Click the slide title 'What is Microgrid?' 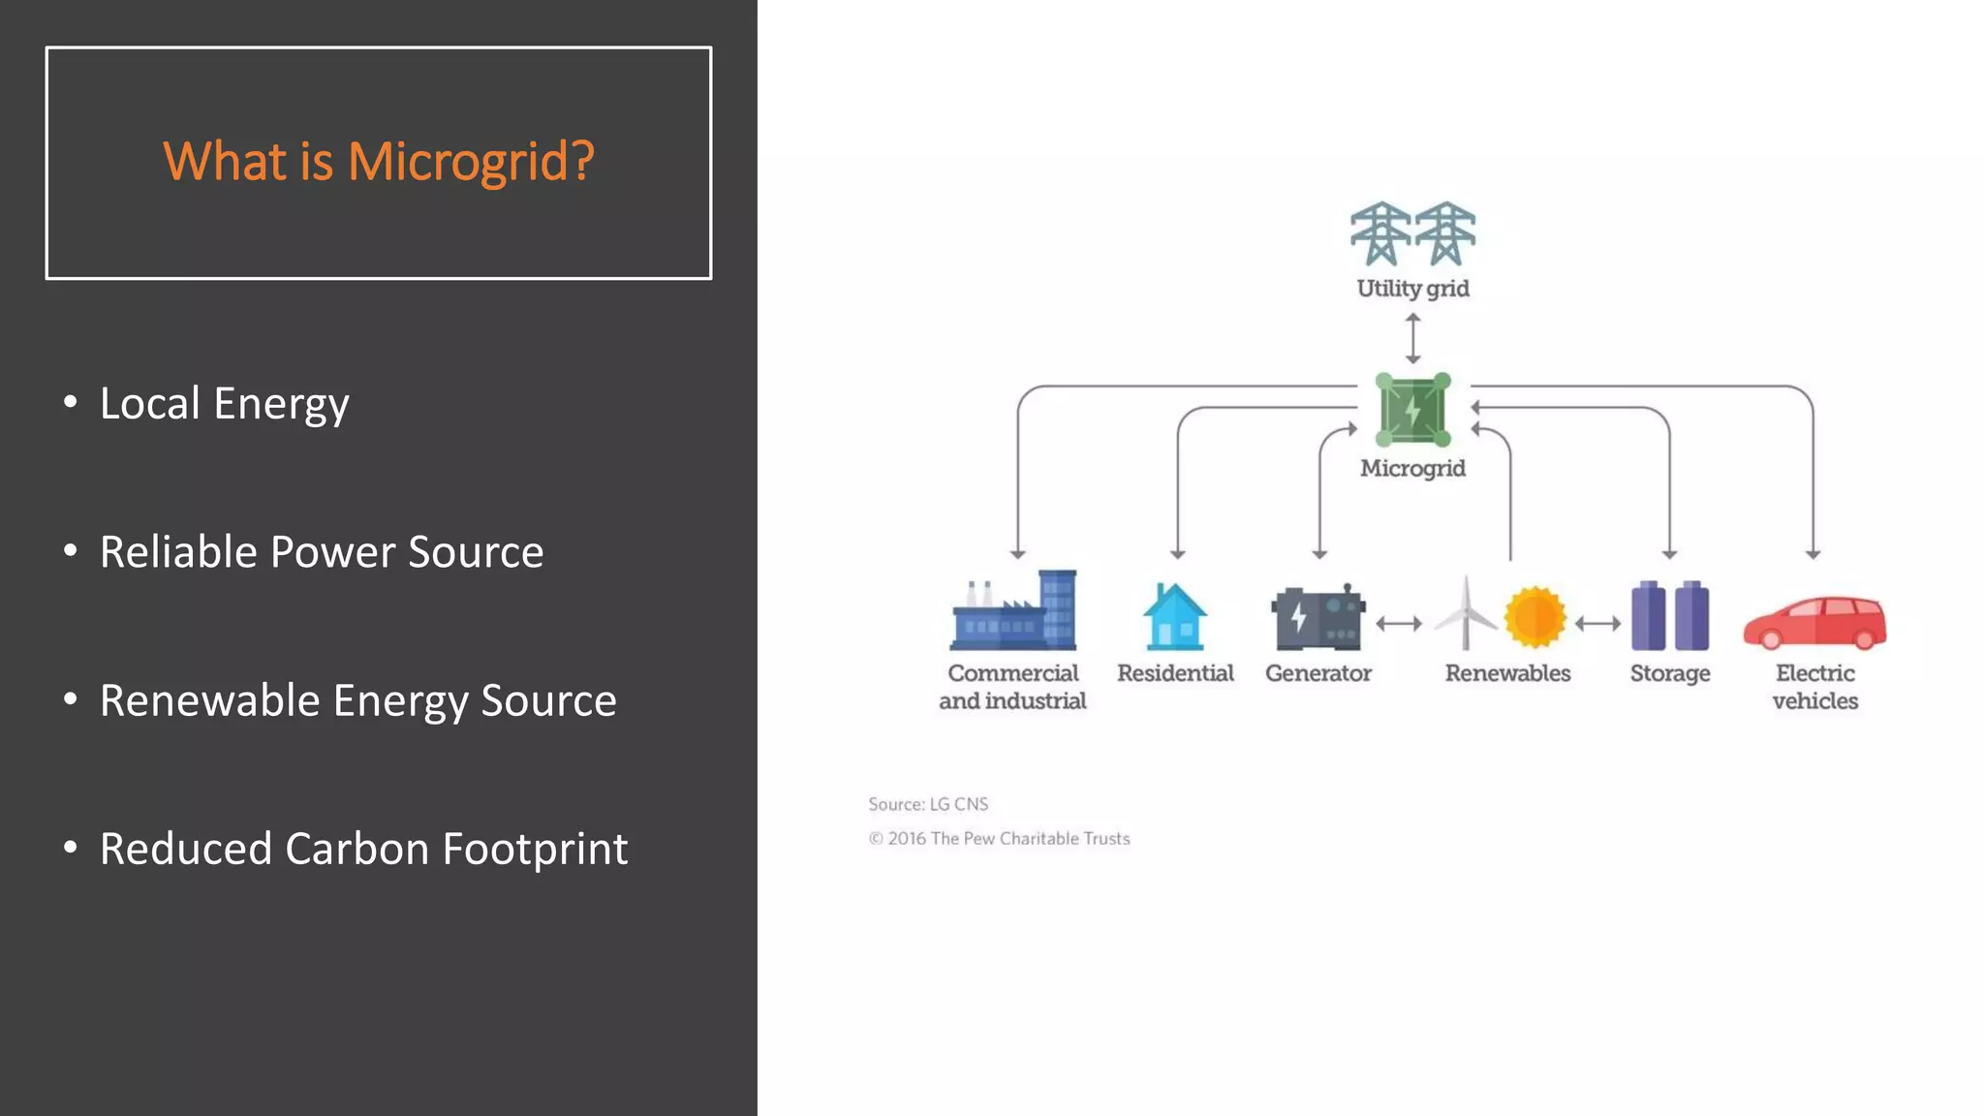(x=378, y=161)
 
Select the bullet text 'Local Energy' (x=224, y=404)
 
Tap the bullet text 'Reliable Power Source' (x=321, y=552)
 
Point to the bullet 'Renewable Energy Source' (x=357, y=700)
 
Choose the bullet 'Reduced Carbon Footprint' (x=363, y=849)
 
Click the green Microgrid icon (x=1413, y=410)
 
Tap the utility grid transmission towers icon (x=1412, y=233)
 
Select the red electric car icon (x=1814, y=623)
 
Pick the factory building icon (x=1013, y=611)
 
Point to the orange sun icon (x=1535, y=617)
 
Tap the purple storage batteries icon (x=1670, y=616)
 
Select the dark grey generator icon (x=1317, y=618)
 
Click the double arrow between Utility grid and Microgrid (x=1413, y=338)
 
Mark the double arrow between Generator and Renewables (x=1399, y=624)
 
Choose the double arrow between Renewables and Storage (x=1597, y=624)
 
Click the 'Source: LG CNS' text (x=928, y=804)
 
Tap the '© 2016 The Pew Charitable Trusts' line (x=999, y=839)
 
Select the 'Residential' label (x=1175, y=673)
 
